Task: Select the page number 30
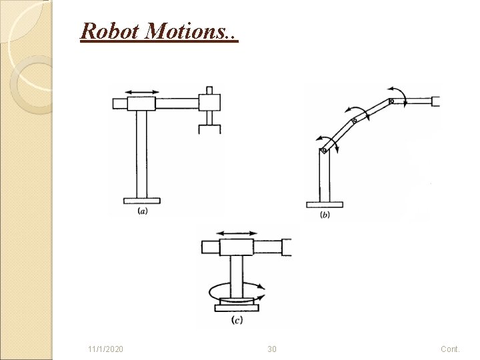[x=271, y=349]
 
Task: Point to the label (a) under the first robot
[x=142, y=211]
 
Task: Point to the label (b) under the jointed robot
[x=325, y=214]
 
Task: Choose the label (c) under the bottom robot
[x=236, y=321]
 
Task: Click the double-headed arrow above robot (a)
[x=141, y=92]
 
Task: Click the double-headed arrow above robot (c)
[x=237, y=233]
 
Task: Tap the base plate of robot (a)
[x=141, y=199]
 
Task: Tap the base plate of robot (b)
[x=324, y=204]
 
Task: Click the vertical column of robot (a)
[x=141, y=153]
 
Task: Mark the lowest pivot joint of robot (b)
[x=323, y=150]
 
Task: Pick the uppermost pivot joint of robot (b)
[x=392, y=101]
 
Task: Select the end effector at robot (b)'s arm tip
[x=436, y=101]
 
